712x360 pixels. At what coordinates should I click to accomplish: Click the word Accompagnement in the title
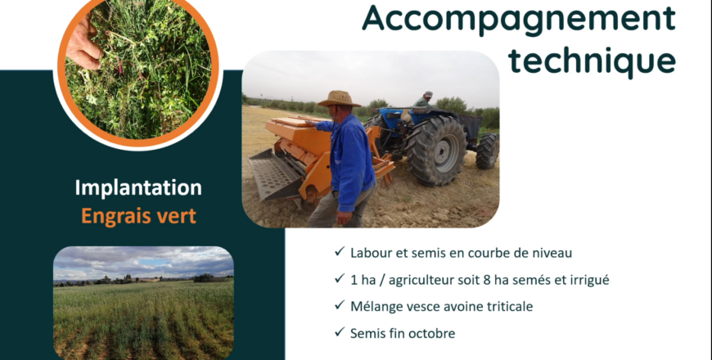pos(519,19)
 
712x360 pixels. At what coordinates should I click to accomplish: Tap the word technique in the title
pos(593,60)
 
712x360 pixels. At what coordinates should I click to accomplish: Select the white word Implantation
pos(138,188)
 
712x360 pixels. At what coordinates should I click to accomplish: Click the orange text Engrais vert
pos(138,216)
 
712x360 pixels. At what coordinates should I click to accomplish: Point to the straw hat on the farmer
pos(339,99)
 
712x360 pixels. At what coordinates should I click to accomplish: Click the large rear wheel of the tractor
pos(436,151)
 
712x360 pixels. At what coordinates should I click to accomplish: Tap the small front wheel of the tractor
pos(487,151)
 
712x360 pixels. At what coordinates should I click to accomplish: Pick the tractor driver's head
pos(427,96)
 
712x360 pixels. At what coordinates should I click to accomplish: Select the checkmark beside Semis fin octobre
pos(339,332)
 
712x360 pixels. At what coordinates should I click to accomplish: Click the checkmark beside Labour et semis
pos(339,251)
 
